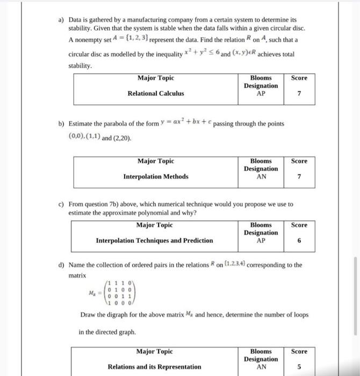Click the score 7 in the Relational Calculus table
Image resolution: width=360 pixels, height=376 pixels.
tap(299, 93)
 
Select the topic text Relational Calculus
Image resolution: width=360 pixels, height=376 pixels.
tap(155, 93)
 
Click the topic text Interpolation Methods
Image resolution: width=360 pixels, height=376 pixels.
tap(156, 176)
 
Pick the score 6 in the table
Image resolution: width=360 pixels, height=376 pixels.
tap(299, 241)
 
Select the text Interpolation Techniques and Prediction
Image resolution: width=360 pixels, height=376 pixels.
tap(154, 241)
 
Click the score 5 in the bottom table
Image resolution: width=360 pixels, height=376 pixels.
tap(299, 367)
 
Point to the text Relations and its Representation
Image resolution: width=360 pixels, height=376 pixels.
tap(155, 367)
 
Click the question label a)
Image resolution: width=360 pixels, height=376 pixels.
tap(61, 19)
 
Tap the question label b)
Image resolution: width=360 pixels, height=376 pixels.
tap(61, 124)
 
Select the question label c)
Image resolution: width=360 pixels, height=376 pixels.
tap(61, 204)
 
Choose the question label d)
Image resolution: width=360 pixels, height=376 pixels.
tap(61, 265)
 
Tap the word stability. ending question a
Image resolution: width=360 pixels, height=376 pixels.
tap(81, 66)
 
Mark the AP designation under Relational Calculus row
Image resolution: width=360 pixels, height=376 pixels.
tap(261, 93)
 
